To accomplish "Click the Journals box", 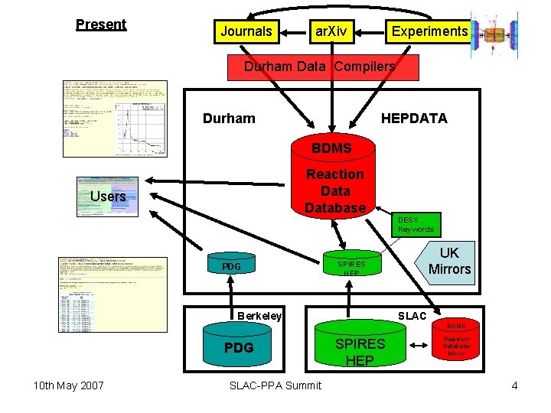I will point(246,31).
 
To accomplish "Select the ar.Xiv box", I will point(331,31).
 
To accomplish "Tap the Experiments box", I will point(429,31).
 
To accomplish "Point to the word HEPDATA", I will point(414,119).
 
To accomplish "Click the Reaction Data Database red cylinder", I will point(335,184).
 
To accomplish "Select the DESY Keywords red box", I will point(416,224).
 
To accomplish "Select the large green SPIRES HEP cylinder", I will point(360,348).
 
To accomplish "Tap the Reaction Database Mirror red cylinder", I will point(456,342).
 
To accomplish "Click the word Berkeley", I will point(259,316).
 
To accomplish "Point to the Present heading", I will point(101,24).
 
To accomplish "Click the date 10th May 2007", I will point(69,385).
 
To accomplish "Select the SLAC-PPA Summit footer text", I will point(275,385).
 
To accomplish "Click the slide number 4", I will point(515,385).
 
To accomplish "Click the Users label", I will point(108,197).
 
